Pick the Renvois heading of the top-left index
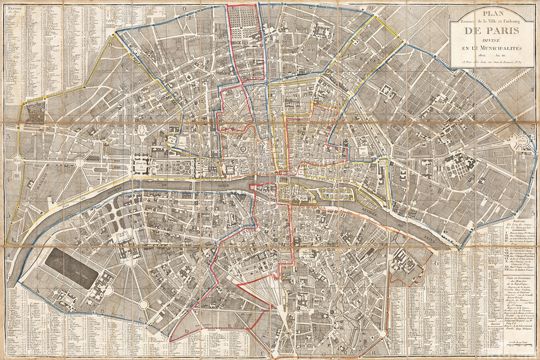13,10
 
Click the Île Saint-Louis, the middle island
333,194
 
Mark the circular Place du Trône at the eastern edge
523,142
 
